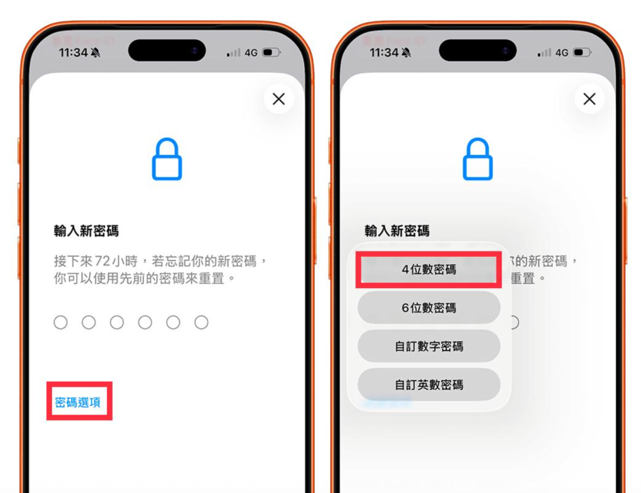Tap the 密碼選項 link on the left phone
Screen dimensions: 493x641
click(78, 402)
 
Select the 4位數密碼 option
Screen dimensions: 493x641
click(429, 269)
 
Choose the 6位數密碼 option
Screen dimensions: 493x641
click(429, 308)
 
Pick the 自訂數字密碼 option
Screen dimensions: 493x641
click(429, 346)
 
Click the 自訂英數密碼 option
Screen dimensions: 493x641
click(429, 384)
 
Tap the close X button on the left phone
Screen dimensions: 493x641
click(279, 99)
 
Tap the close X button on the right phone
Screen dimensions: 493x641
click(589, 99)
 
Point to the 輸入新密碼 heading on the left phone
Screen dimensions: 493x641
click(86, 231)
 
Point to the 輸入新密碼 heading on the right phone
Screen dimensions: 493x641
click(397, 231)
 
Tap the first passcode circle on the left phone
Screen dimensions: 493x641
click(61, 323)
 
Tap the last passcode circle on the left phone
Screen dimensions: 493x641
click(201, 323)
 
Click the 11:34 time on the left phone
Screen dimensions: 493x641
click(73, 53)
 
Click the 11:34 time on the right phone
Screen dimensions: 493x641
click(384, 53)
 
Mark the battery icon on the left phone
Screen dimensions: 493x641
click(272, 53)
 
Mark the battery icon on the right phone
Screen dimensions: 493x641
click(582, 53)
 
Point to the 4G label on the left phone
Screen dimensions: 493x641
click(251, 53)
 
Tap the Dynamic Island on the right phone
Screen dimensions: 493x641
click(478, 50)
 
